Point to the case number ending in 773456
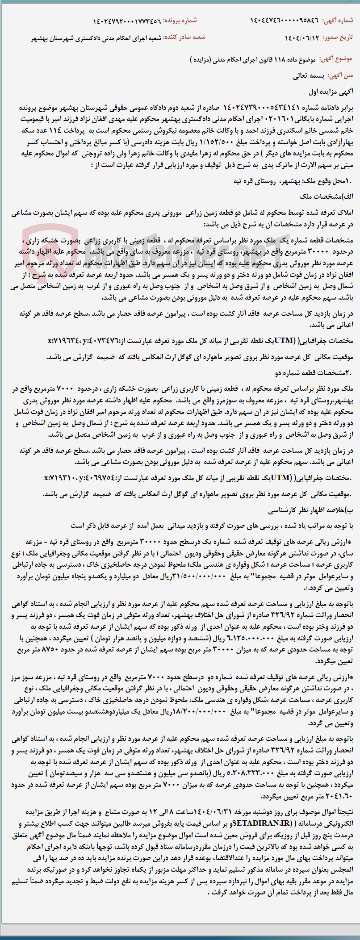click(x=127, y=21)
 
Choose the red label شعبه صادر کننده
click(x=188, y=38)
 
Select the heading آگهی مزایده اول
click(x=331, y=92)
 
